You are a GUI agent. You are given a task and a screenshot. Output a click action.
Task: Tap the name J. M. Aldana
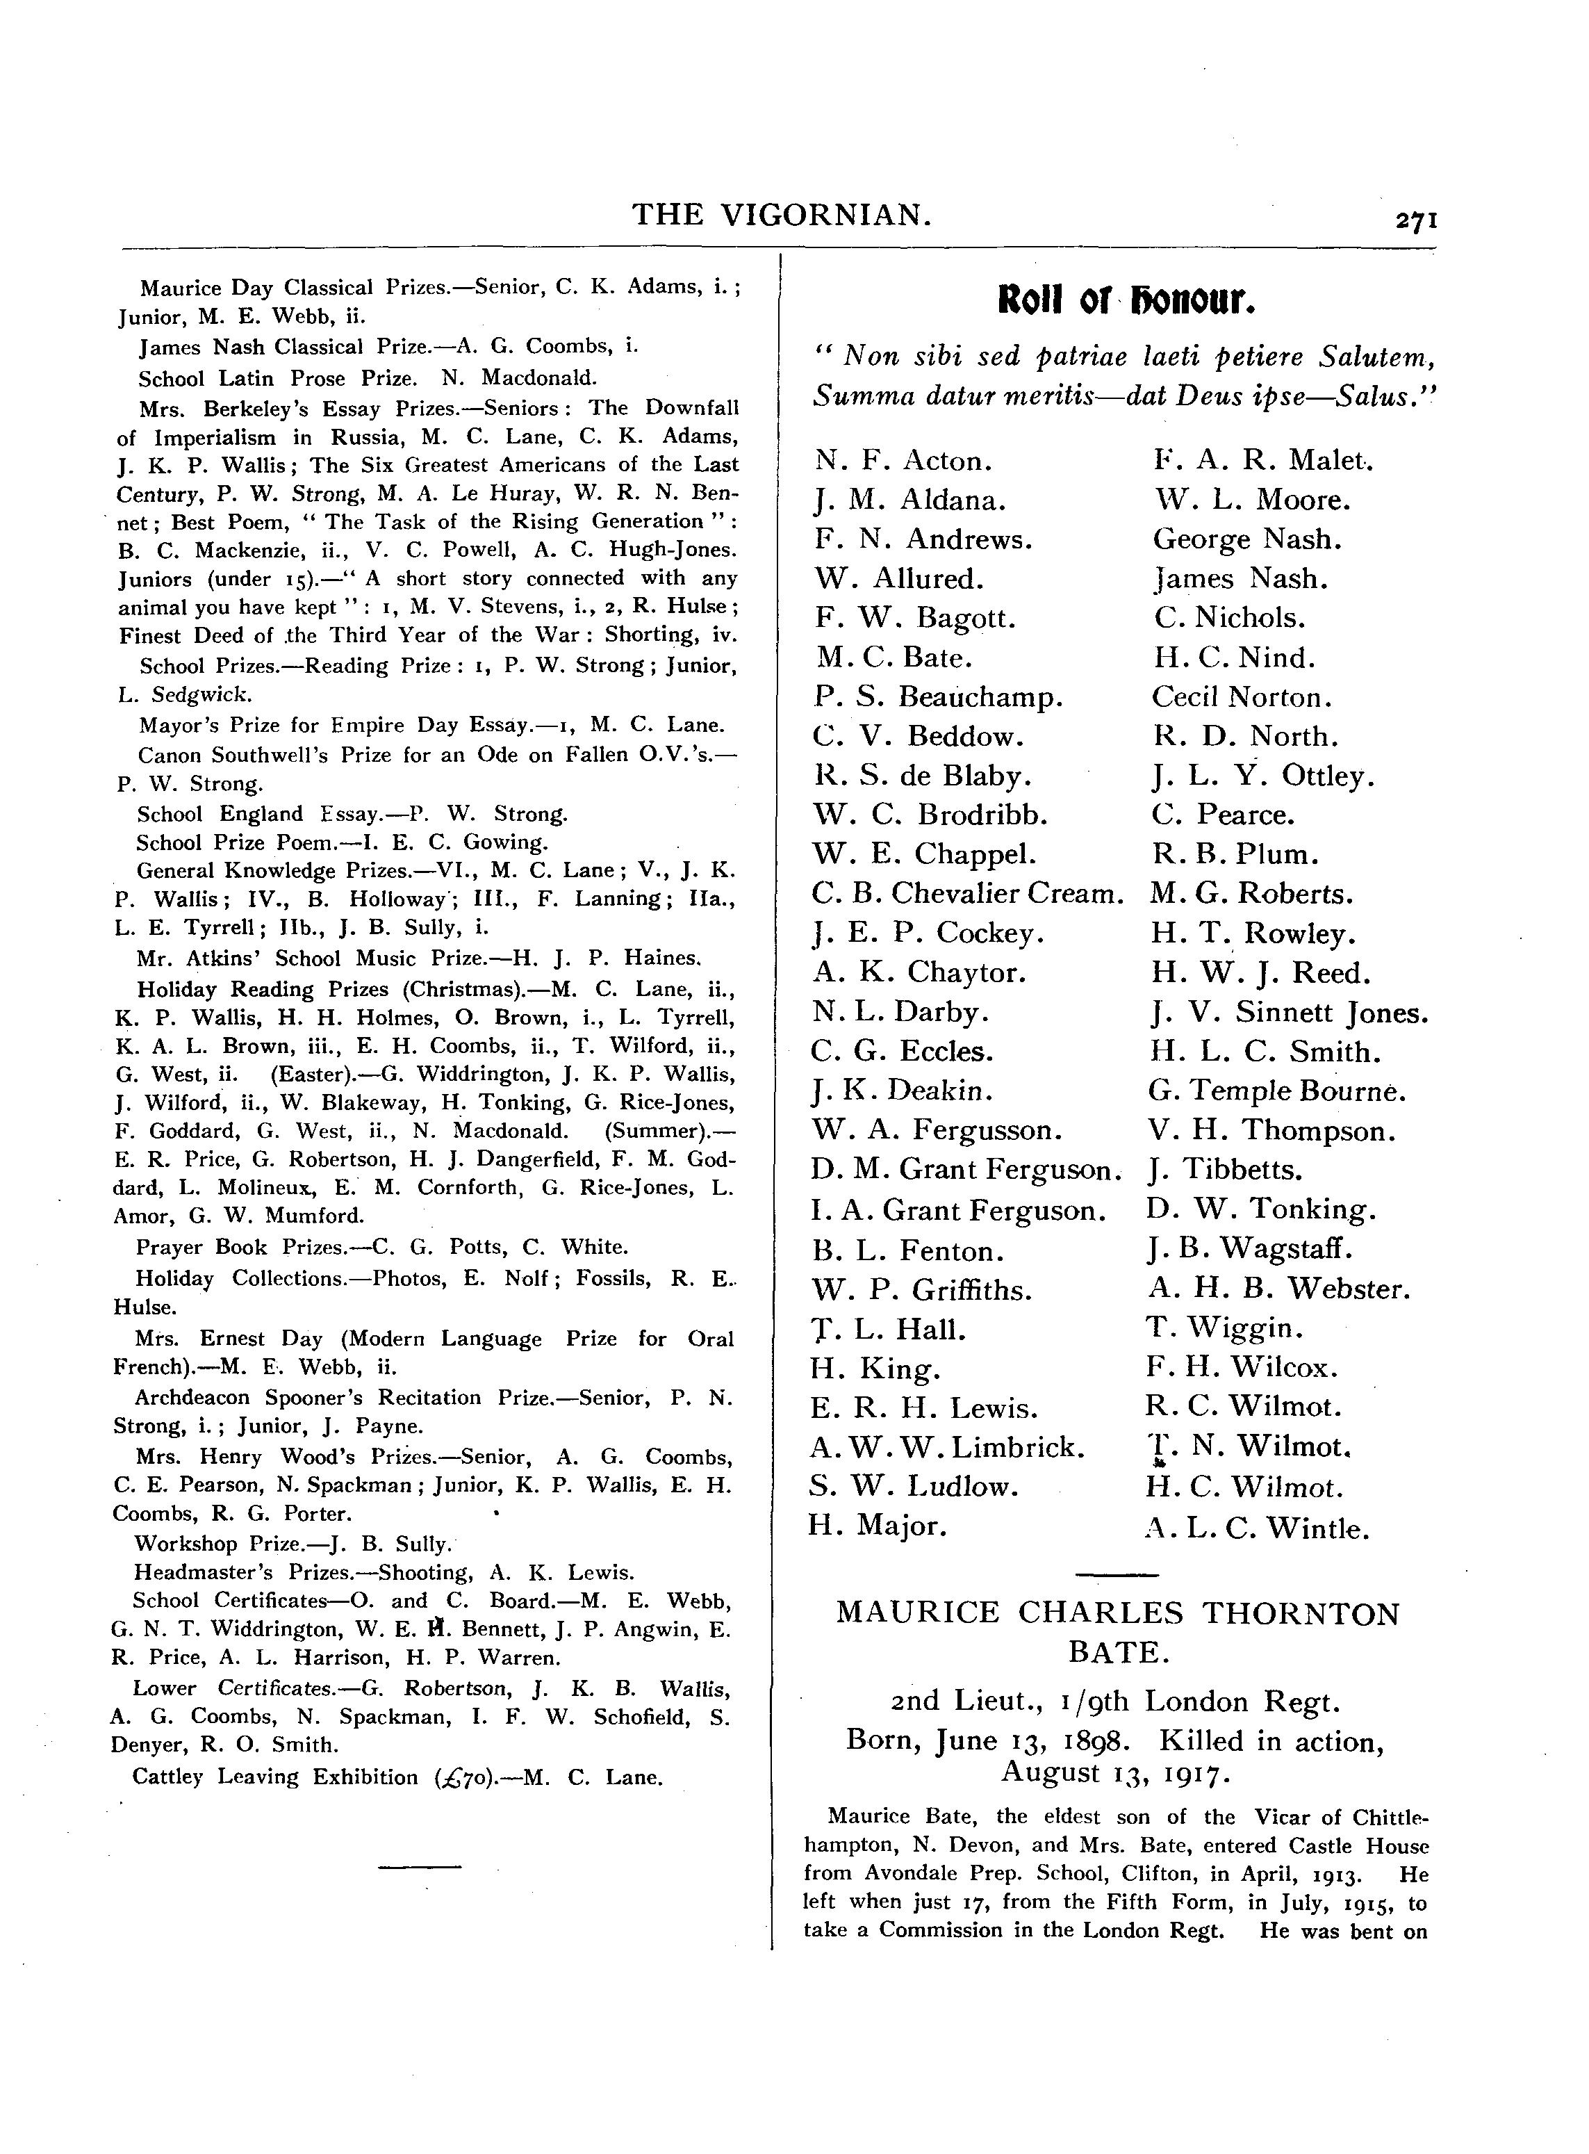pyautogui.click(x=910, y=500)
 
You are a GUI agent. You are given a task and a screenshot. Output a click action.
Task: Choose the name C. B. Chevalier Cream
pyautogui.click(x=966, y=894)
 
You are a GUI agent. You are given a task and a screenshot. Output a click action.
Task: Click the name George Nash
pyautogui.click(x=1246, y=539)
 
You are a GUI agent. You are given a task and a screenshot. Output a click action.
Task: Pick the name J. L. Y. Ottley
pyautogui.click(x=1263, y=776)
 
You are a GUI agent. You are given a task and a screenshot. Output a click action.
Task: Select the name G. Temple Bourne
pyautogui.click(x=1276, y=1091)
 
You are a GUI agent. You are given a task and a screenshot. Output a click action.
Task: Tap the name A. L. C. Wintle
pyautogui.click(x=1256, y=1528)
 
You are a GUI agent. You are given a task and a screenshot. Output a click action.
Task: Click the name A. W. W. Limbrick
pyautogui.click(x=948, y=1447)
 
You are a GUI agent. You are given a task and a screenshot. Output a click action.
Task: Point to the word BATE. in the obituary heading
pyautogui.click(x=1119, y=1653)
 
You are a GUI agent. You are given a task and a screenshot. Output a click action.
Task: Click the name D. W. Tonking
pyautogui.click(x=1261, y=1209)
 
